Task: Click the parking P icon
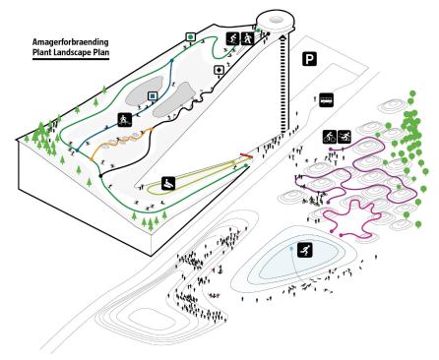coord(309,59)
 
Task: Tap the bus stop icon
coord(327,100)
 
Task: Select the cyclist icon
coord(330,136)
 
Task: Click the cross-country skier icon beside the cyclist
coord(345,136)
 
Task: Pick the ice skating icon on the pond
coord(305,250)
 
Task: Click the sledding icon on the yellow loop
coord(168,183)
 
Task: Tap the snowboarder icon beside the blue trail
coord(125,119)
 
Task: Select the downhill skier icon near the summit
coord(233,38)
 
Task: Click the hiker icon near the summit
coord(248,38)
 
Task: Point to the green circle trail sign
coord(190,36)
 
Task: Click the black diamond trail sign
coord(219,70)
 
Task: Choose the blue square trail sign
coord(152,96)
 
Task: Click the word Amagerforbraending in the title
coord(70,42)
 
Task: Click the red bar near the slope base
coord(246,155)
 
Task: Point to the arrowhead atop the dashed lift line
coord(283,37)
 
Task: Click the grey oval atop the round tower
coord(277,20)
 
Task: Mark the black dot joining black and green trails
coord(100,176)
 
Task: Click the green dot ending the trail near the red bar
coord(246,165)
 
